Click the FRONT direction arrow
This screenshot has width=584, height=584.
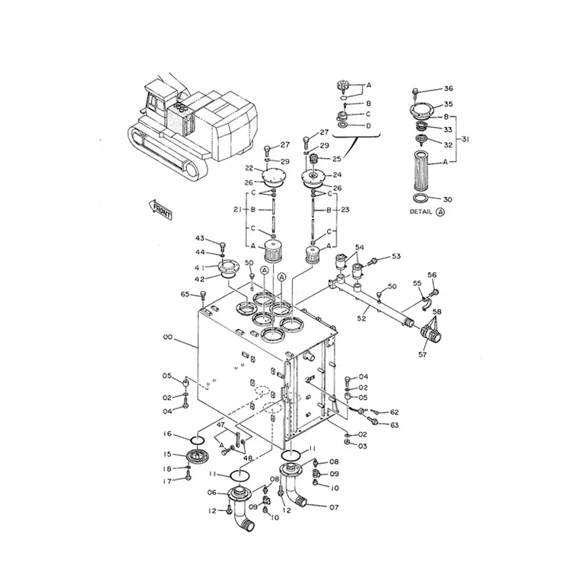pos(160,210)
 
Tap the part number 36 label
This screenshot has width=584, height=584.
pos(449,88)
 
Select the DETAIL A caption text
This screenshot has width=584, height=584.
pos(427,212)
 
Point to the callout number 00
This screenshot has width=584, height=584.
pos(168,337)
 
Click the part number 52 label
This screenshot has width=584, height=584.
pos(361,319)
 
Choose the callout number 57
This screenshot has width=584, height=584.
pos(422,354)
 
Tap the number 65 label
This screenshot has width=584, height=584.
pos(185,294)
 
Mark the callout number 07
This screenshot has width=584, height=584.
pos(334,507)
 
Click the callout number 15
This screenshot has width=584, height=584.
pos(167,455)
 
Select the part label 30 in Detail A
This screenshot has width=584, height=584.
pos(447,200)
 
